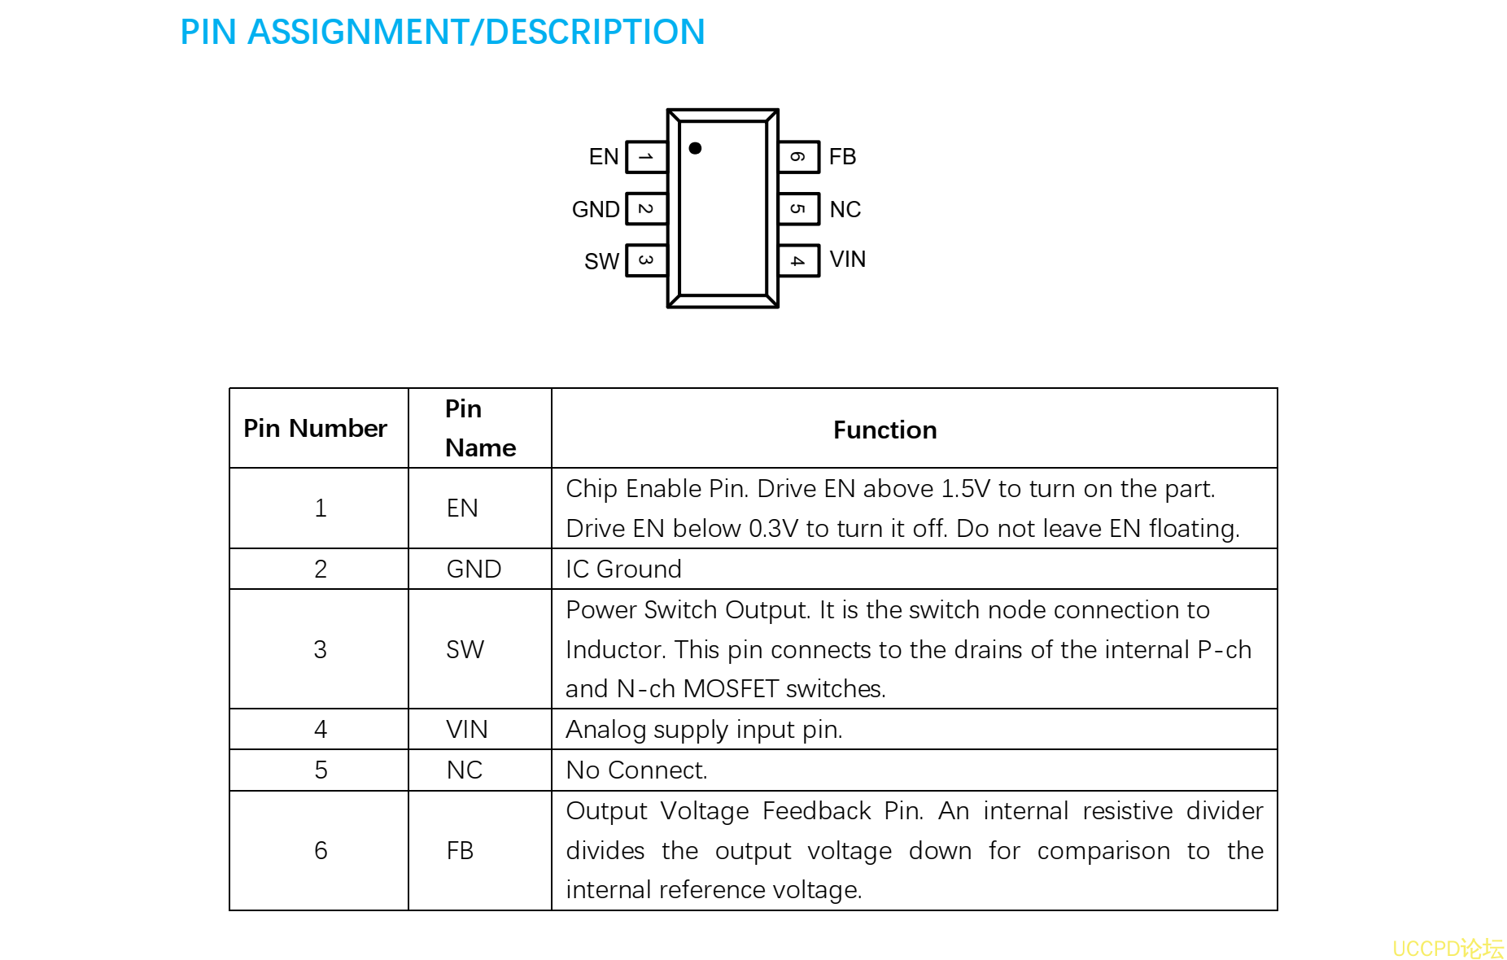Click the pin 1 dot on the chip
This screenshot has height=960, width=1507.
pyautogui.click(x=695, y=148)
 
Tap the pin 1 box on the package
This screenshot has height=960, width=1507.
pyautogui.click(x=646, y=157)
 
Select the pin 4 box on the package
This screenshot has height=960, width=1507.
pyautogui.click(x=798, y=261)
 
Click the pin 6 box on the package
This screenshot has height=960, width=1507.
pyautogui.click(x=798, y=157)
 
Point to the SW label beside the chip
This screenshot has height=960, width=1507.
pyautogui.click(x=601, y=261)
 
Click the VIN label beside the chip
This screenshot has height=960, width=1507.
pyautogui.click(x=847, y=260)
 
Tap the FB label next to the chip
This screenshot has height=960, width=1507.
pyautogui.click(x=842, y=157)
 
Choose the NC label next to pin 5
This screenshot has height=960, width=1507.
pyautogui.click(x=845, y=210)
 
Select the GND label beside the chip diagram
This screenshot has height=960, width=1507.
pyautogui.click(x=596, y=210)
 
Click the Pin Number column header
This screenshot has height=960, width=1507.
pyautogui.click(x=315, y=429)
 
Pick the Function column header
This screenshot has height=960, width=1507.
pyautogui.click(x=885, y=430)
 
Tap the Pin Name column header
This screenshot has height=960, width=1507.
pyautogui.click(x=480, y=428)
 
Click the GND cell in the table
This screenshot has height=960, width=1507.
pyautogui.click(x=474, y=569)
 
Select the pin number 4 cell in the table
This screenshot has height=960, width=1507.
pyautogui.click(x=321, y=730)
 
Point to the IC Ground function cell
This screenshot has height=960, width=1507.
pyautogui.click(x=623, y=569)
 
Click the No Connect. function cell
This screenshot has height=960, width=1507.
pyautogui.click(x=636, y=770)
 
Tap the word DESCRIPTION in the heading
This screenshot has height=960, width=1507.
pyautogui.click(x=595, y=33)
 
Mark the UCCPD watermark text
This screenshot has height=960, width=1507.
pyautogui.click(x=1447, y=949)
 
